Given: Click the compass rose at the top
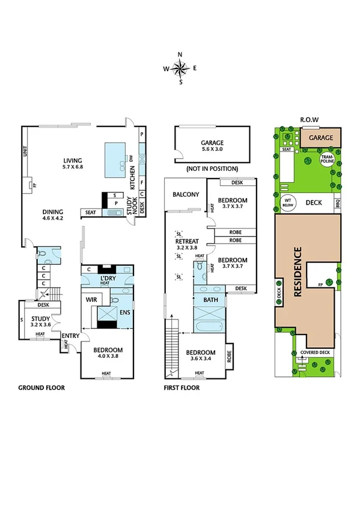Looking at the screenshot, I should coord(180,68).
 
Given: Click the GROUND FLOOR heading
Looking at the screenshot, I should coord(41,388).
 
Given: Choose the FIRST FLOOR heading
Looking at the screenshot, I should coord(182,388).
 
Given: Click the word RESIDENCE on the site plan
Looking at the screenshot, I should coord(297,272).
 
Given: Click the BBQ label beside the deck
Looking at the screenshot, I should coord(337,203).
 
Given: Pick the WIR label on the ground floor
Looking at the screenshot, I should coord(91,299).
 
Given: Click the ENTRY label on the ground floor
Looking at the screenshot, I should coord(70,336).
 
